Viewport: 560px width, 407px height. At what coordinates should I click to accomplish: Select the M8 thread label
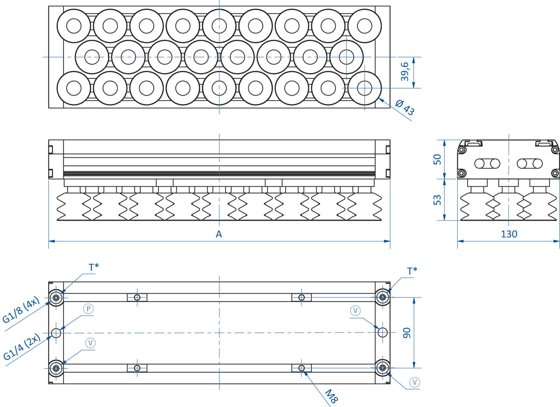point(332,395)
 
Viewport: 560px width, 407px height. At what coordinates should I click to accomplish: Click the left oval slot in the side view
point(486,163)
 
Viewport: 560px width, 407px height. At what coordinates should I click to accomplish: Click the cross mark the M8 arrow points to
point(301,367)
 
